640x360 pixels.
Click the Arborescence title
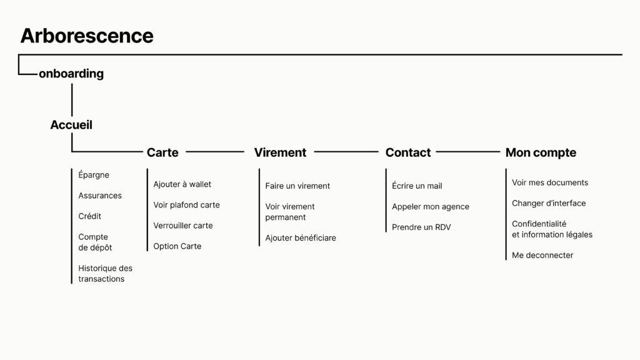coord(87,36)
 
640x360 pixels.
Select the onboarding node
coord(71,74)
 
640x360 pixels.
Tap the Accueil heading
coord(71,125)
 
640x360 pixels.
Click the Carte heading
coord(162,152)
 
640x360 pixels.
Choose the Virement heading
coord(280,152)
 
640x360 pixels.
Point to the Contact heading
coord(408,152)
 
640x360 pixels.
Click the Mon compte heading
coord(541,152)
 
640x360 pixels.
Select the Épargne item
coord(94,175)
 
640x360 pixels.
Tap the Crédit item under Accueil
coord(90,216)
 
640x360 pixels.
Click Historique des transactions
coord(105,274)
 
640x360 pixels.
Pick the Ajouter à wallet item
coord(182,184)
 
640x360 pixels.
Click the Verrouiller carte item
coord(183,225)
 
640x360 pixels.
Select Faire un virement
coord(297,186)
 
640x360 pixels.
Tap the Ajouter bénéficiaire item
coord(301,237)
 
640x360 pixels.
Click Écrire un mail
coord(417,186)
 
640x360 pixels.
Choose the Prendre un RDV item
coord(421,227)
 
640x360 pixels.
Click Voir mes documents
coord(550,182)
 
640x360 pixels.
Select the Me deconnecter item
coord(542,255)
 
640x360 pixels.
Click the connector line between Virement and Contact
coord(346,152)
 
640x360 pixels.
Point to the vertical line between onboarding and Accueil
coord(72,100)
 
